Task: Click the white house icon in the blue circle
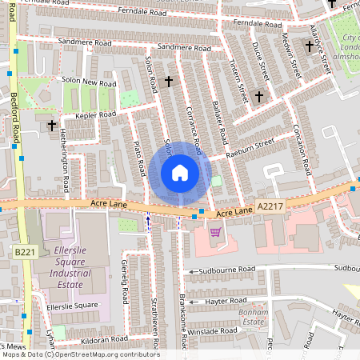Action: point(180,172)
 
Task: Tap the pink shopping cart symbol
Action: point(214,232)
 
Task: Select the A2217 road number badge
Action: point(270,206)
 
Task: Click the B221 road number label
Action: point(24,252)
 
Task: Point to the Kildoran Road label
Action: point(99,339)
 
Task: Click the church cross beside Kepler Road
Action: point(52,126)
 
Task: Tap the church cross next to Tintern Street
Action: point(258,97)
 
